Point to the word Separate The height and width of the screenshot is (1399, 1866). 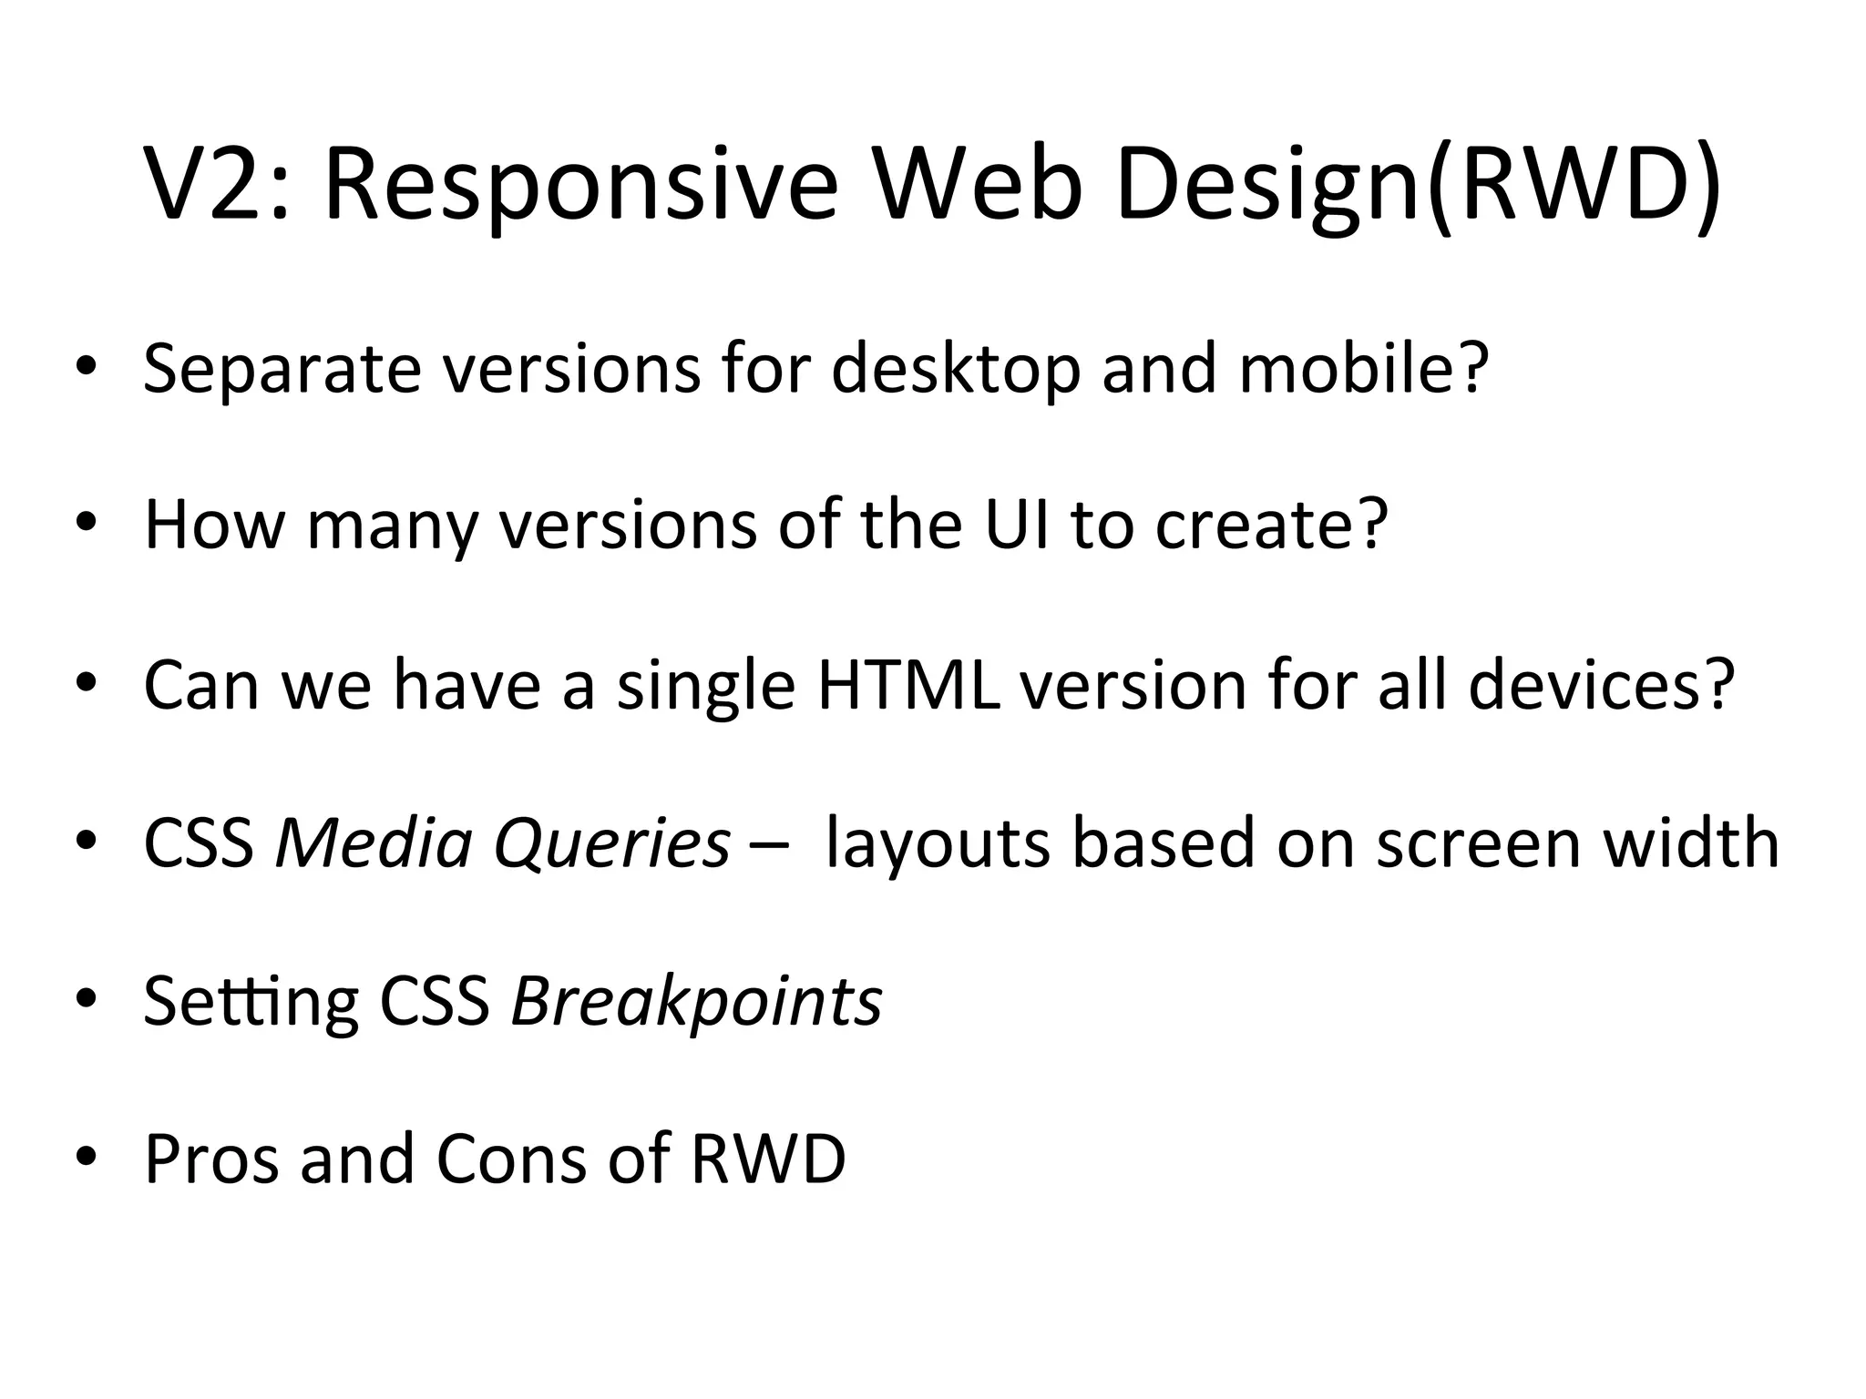pos(282,369)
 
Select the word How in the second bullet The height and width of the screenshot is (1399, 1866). pos(215,526)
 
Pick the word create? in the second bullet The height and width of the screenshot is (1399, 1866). pos(1272,526)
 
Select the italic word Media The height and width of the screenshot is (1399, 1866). pos(374,843)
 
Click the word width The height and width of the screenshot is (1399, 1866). pos(1691,842)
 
